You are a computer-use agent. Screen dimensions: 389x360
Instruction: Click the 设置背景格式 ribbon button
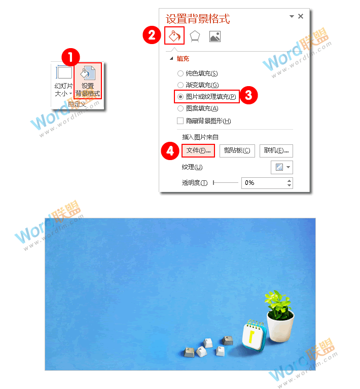click(88, 81)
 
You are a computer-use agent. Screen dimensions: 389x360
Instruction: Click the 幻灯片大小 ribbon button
click(63, 81)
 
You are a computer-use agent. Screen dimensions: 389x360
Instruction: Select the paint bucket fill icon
click(174, 36)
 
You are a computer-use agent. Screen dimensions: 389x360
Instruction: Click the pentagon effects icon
click(194, 36)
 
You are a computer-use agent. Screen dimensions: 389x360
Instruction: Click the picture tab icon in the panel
click(214, 36)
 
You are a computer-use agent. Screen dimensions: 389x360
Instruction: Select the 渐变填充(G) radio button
click(180, 85)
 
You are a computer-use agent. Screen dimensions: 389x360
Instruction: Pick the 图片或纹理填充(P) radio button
click(180, 96)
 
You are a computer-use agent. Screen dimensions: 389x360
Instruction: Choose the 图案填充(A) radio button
click(180, 108)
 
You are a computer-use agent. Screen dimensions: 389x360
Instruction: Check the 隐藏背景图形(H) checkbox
click(180, 121)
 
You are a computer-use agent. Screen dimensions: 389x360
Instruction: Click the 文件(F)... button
click(198, 150)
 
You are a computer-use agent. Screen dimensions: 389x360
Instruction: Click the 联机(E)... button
click(276, 150)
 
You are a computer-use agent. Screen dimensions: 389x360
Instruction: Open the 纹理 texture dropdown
click(281, 167)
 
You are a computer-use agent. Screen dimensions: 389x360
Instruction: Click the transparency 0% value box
click(264, 183)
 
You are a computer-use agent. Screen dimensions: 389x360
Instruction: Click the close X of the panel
click(301, 16)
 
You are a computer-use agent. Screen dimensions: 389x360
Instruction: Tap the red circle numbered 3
click(249, 95)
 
